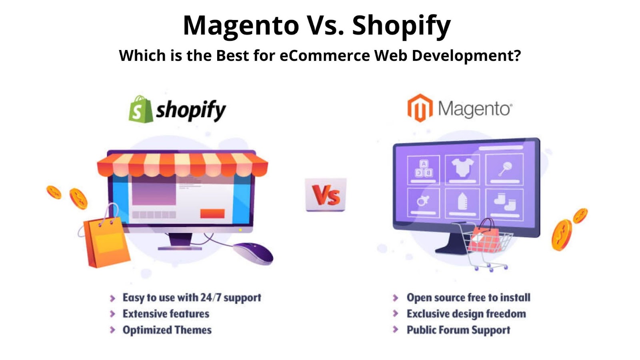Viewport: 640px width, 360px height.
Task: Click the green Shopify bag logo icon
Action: tap(140, 110)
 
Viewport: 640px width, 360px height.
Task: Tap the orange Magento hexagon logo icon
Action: tap(420, 108)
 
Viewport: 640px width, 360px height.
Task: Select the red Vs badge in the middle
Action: tap(326, 195)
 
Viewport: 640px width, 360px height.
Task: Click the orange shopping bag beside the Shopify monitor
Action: tap(105, 238)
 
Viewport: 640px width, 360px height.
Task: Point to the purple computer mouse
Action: tap(253, 253)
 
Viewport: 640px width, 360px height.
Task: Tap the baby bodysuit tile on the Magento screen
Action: tap(462, 170)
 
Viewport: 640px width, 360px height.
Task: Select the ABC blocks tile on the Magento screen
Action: tap(423, 170)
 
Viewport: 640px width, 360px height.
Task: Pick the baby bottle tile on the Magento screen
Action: tap(462, 203)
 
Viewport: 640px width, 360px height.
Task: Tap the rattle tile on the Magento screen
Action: tap(504, 169)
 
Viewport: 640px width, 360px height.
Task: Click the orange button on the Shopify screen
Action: tap(212, 214)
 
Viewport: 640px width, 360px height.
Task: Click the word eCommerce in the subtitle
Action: tap(324, 56)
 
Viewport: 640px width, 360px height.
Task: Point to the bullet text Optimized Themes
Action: tap(167, 330)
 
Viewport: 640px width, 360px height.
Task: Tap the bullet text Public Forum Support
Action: tap(458, 330)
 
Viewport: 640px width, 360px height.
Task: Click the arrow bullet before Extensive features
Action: tap(112, 314)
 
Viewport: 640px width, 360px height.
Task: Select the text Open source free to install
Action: tap(468, 298)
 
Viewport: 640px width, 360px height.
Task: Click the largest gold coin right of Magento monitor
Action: tap(562, 235)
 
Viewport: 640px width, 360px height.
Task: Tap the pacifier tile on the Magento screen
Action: tap(423, 202)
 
